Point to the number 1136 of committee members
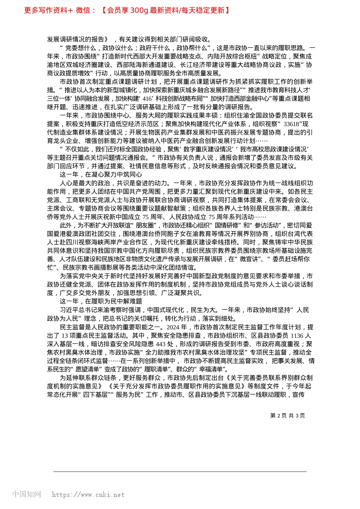coord(297,336)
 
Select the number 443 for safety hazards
coord(161,344)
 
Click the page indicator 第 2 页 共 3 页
coord(287,415)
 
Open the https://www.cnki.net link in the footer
coord(88,495)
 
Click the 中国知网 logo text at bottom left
coord(27,494)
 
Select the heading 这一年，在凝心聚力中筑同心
coord(101,175)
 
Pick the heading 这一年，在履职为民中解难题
coord(101,301)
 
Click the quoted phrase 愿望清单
coord(86,369)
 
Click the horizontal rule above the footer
coord(180,472)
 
